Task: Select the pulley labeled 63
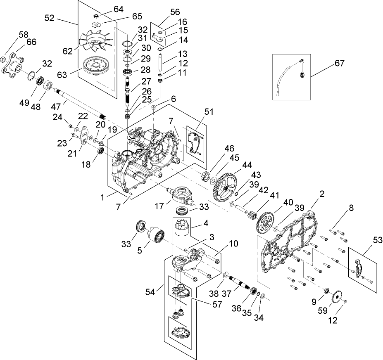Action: [x=96, y=66]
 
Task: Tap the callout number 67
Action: [x=339, y=64]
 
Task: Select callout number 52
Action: [x=50, y=18]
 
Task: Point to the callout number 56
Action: [x=164, y=13]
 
